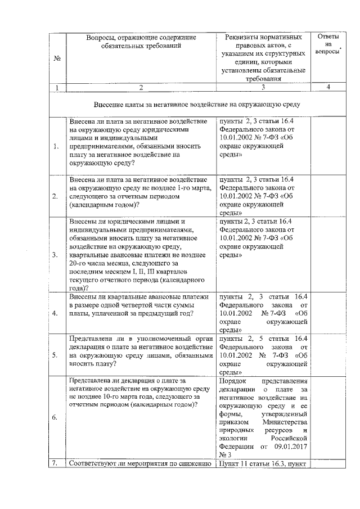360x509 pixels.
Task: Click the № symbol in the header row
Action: [57, 59]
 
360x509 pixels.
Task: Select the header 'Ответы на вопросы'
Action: [328, 44]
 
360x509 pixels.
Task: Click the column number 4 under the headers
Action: [328, 87]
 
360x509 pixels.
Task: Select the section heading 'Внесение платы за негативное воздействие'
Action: [197, 105]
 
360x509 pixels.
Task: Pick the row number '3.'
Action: [56, 255]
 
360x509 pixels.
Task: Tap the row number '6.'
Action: [56, 418]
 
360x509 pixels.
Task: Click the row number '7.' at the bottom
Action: [55, 463]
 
